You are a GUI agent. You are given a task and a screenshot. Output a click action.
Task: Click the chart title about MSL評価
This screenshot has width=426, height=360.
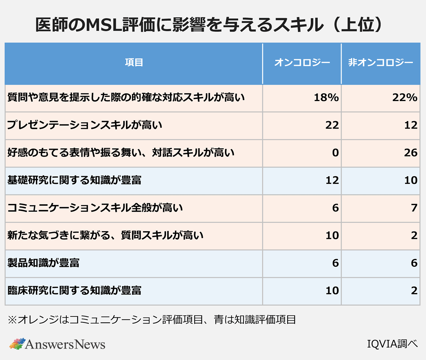[x=209, y=25]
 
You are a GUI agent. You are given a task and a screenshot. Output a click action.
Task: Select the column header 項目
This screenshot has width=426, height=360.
[x=134, y=63]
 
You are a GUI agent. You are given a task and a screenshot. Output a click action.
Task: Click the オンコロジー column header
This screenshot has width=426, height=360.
[x=302, y=63]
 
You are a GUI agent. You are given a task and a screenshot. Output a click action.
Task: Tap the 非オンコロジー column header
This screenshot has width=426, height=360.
[x=381, y=63]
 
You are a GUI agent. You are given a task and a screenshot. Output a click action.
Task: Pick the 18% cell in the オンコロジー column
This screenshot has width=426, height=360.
[x=326, y=98]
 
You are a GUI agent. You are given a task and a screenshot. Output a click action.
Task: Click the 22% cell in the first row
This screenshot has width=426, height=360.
[x=405, y=98]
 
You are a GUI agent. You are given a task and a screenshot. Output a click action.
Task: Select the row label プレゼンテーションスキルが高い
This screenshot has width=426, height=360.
[x=84, y=125]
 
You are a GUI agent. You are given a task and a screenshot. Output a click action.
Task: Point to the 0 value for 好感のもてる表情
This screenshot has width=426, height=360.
[x=335, y=153]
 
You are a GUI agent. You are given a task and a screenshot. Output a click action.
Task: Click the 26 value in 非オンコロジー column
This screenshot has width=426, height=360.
[x=410, y=153]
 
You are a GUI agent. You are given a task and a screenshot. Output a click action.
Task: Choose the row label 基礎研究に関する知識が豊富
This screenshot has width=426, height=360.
[x=74, y=180]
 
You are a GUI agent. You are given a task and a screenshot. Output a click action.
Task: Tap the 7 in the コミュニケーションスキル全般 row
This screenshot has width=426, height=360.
[x=414, y=208]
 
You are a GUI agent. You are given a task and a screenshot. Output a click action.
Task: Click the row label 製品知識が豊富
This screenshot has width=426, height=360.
[x=43, y=263]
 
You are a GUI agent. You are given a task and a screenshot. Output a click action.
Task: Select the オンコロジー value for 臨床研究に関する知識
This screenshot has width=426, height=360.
[x=332, y=290]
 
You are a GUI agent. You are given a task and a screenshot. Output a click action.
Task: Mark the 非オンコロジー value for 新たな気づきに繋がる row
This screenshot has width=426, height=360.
[x=414, y=236]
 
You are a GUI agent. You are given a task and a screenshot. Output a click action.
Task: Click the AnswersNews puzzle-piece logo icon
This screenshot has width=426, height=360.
[x=17, y=343]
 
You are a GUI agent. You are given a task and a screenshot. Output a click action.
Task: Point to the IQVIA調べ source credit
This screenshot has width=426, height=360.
[x=392, y=344]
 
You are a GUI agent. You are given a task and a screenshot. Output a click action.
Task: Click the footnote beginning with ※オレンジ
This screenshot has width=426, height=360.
[x=152, y=320]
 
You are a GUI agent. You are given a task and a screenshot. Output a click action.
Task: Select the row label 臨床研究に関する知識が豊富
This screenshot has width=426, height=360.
[x=74, y=290]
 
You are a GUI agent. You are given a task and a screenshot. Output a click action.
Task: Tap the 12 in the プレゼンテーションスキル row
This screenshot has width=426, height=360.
[x=410, y=125]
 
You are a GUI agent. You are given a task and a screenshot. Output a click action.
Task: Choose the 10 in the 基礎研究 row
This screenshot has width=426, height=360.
[x=410, y=180]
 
